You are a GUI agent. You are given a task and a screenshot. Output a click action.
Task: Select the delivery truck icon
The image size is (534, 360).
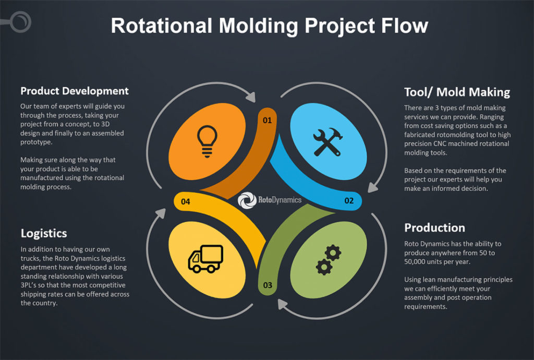point(205,258)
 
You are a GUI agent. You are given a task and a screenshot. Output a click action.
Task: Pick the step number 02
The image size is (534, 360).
point(349,201)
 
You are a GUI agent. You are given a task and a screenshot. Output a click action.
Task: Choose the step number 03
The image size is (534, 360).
point(268,285)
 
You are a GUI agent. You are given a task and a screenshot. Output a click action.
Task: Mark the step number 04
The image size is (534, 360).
point(186,201)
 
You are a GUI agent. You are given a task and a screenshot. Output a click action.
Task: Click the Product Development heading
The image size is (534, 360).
point(74,91)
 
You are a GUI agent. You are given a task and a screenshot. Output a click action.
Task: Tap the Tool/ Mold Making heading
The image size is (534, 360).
point(457,92)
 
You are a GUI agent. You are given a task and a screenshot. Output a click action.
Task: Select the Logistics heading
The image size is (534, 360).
point(44,233)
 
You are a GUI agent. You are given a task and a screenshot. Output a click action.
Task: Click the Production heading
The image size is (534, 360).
point(434,228)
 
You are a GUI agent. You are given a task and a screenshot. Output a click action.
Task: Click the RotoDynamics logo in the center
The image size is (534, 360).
point(269,200)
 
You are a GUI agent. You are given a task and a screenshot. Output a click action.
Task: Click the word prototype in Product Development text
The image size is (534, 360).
point(37,142)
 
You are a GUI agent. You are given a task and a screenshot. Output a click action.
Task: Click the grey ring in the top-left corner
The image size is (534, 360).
point(21,21)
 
